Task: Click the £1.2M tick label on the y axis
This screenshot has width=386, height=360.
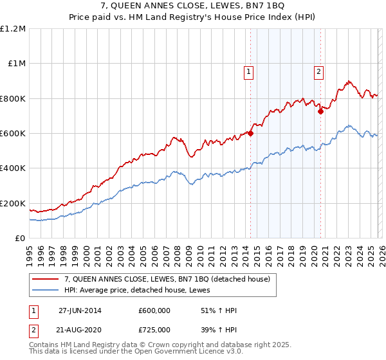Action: click(x=13, y=29)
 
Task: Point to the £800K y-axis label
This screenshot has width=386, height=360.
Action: click(x=13, y=98)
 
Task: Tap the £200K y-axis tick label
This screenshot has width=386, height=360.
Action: click(x=13, y=203)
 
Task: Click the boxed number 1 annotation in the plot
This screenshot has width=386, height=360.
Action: click(x=248, y=73)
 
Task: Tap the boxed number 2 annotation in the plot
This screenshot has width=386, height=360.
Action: click(x=318, y=73)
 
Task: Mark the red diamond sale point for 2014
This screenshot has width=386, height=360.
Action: click(x=251, y=134)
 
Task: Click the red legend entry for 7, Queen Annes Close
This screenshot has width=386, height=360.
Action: click(x=171, y=278)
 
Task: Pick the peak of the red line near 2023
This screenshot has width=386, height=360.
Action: click(x=348, y=82)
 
